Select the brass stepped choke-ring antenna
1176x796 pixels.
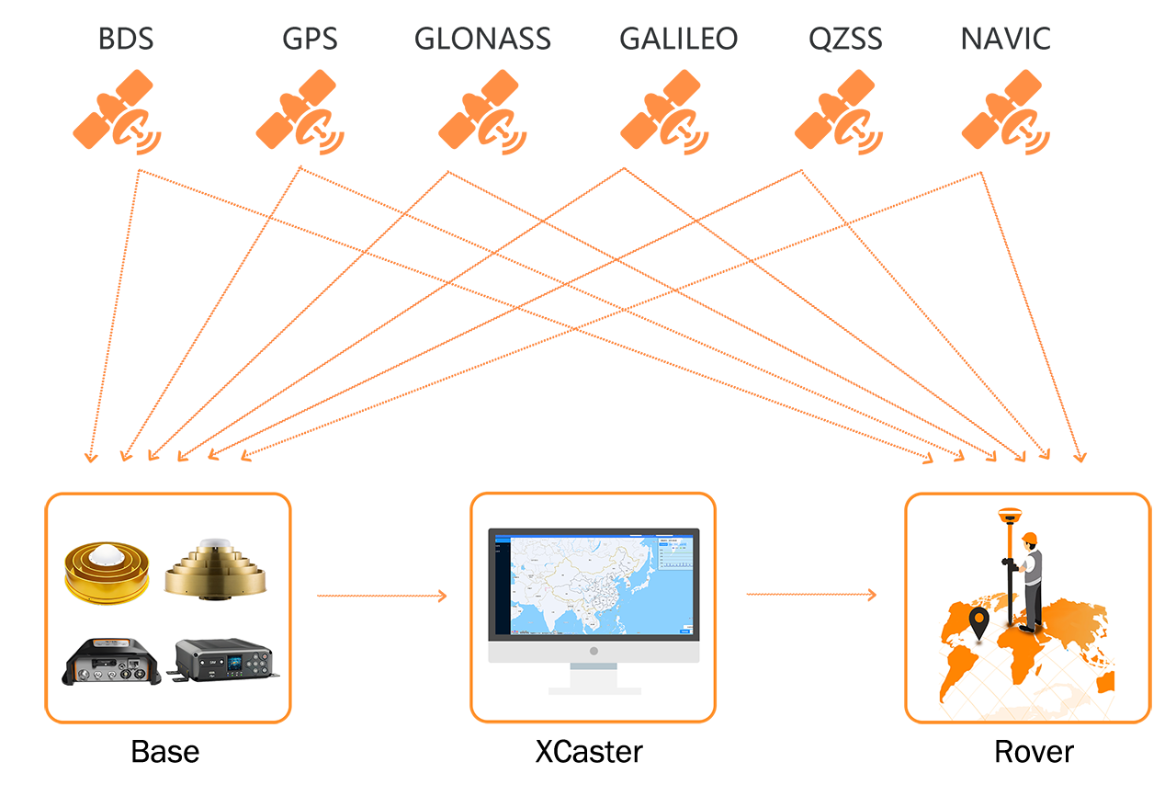[216, 570]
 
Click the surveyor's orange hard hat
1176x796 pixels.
[1029, 538]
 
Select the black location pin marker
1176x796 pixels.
[979, 622]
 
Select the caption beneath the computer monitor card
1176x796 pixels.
[589, 752]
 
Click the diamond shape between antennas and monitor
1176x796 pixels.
[380, 596]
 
